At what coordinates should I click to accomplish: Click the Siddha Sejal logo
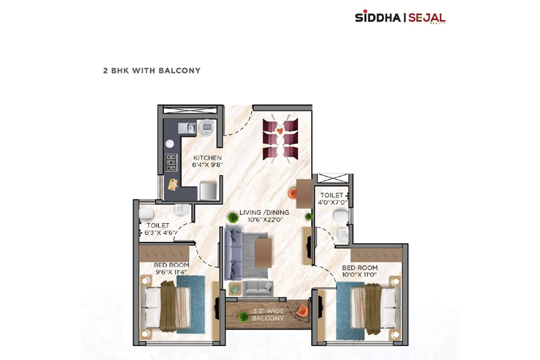click(x=400, y=17)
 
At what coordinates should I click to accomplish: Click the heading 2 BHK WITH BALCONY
click(x=152, y=71)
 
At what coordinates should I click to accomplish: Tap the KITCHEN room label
click(x=208, y=158)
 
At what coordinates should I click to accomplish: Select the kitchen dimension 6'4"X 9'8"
click(x=208, y=165)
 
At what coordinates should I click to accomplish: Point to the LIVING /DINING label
click(x=264, y=212)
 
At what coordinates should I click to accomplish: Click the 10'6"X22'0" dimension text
click(x=265, y=220)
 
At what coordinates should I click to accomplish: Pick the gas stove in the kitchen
click(x=171, y=162)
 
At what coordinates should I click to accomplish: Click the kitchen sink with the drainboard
click(x=187, y=128)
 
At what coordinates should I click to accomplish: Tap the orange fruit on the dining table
click(x=280, y=131)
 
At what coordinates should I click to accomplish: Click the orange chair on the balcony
click(x=301, y=310)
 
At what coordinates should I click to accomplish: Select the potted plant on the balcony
click(x=244, y=317)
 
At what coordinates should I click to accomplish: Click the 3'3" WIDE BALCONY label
click(x=268, y=314)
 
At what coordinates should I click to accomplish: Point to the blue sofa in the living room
click(x=233, y=253)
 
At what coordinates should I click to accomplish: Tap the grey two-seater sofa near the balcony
click(x=258, y=289)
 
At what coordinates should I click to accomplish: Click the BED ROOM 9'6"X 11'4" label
click(x=171, y=268)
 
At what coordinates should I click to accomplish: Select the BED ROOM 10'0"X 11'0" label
click(x=359, y=271)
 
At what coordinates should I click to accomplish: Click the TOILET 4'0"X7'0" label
click(x=332, y=199)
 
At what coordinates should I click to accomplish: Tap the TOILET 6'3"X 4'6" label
click(x=158, y=229)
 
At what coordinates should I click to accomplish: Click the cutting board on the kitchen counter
click(x=173, y=184)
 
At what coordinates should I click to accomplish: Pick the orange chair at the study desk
click(x=292, y=193)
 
